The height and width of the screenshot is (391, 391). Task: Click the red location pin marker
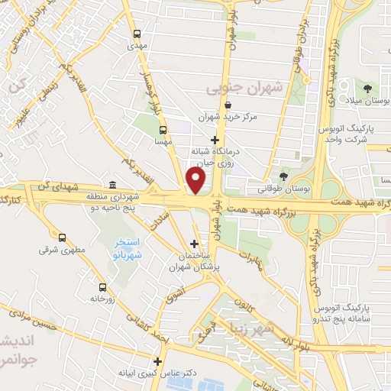(x=197, y=181)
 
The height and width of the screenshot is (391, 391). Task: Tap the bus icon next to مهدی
(x=137, y=34)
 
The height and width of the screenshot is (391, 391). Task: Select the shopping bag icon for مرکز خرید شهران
(x=228, y=105)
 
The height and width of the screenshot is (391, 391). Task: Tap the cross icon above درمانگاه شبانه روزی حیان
(x=215, y=140)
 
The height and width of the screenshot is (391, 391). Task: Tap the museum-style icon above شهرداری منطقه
(x=113, y=185)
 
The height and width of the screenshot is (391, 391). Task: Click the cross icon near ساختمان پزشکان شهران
(x=194, y=244)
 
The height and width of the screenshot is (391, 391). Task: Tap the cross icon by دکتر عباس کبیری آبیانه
(x=158, y=361)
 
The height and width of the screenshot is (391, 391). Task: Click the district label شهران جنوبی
(x=244, y=88)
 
